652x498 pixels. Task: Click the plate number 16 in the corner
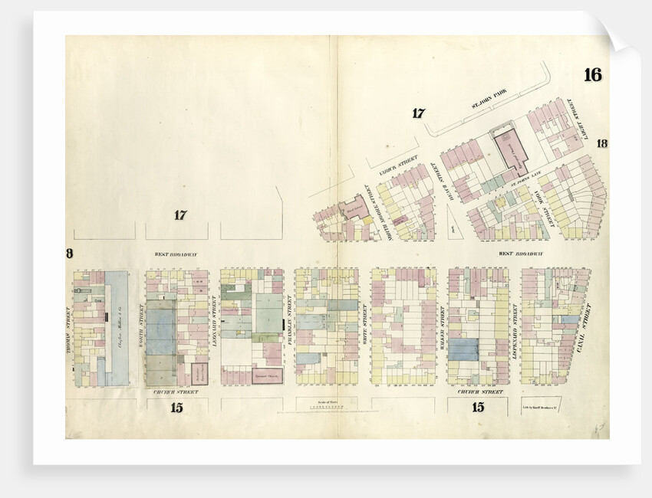click(x=592, y=75)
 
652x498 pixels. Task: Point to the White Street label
click(x=366, y=322)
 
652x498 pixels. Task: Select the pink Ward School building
click(x=354, y=206)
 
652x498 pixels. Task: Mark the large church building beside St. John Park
click(x=509, y=149)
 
